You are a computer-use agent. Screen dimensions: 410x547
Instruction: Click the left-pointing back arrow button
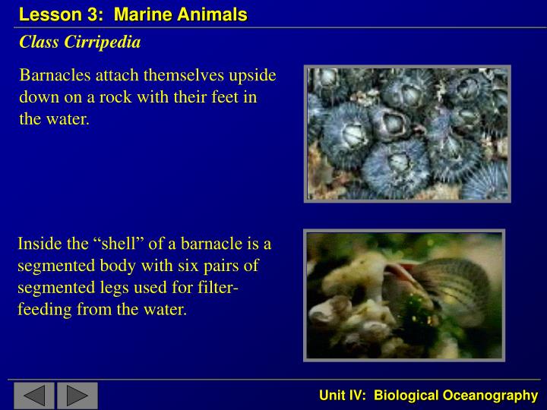pos(33,395)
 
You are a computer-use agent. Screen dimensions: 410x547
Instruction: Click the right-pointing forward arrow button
pos(77,395)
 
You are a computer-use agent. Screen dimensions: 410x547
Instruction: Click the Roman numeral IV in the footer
pos(358,395)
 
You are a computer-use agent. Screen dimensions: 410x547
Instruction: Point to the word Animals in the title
pos(217,14)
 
